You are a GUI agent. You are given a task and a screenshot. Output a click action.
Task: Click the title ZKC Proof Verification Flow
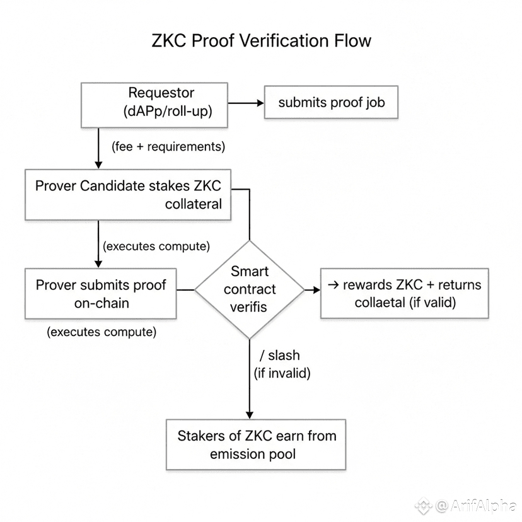click(261, 41)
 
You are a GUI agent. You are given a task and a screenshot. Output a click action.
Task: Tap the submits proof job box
click(331, 103)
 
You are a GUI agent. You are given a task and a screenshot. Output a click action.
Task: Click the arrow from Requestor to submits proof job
click(246, 103)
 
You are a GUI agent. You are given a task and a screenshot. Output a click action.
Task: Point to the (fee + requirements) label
click(168, 147)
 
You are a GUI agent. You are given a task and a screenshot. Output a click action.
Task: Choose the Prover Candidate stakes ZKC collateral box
click(128, 194)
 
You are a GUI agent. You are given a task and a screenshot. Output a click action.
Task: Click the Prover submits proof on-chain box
click(101, 294)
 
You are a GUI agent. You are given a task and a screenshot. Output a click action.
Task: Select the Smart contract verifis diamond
click(250, 289)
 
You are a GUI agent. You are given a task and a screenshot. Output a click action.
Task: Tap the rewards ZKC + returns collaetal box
click(404, 293)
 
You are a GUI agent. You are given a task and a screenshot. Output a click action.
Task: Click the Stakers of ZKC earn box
click(256, 444)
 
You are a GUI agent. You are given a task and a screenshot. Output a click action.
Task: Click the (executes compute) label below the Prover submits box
click(101, 332)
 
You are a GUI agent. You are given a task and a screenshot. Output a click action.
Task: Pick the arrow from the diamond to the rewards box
click(311, 290)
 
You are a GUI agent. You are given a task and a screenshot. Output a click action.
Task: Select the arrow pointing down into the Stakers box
click(250, 391)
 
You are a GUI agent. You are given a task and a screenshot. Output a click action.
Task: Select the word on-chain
click(101, 303)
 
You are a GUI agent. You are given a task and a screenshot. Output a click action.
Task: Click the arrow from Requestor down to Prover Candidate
click(99, 148)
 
